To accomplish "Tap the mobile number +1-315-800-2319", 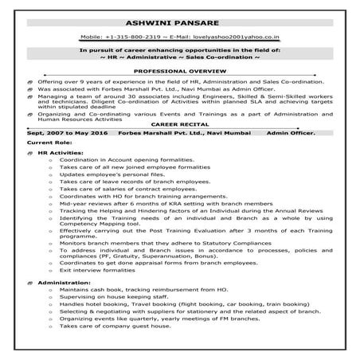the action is pyautogui.click(x=143, y=37).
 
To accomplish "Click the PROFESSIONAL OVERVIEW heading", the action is pyautogui.click(x=179, y=70).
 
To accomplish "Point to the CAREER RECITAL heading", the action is pyautogui.click(x=180, y=124).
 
